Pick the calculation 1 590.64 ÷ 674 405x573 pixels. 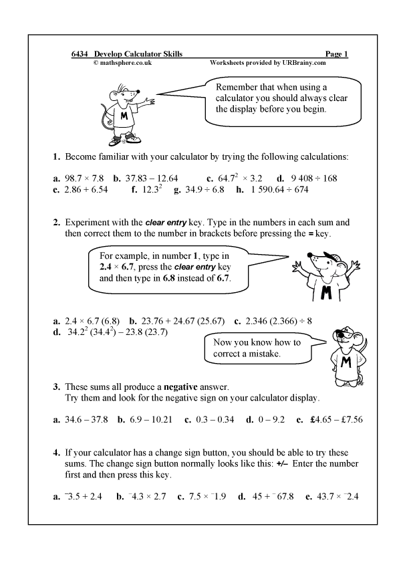(x=280, y=190)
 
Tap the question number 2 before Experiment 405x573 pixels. (x=57, y=222)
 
